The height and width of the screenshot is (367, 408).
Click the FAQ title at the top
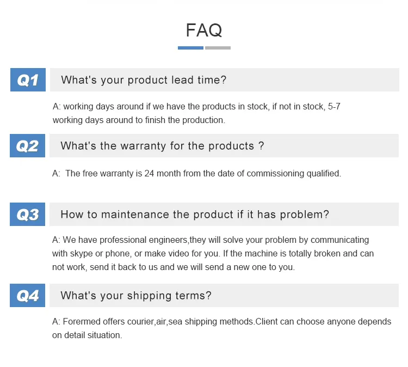pos(204,30)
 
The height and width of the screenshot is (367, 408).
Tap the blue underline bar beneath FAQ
pos(190,48)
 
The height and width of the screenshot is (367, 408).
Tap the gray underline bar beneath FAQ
pos(218,48)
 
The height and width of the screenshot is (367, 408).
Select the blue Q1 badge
pos(28,80)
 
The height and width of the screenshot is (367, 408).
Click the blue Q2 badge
pos(28,146)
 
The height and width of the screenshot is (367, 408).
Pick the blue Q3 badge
pos(28,215)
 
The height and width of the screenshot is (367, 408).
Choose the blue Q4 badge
pos(28,296)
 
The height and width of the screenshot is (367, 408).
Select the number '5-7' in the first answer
pos(334,107)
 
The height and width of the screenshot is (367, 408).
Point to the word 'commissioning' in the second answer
pos(273,174)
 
